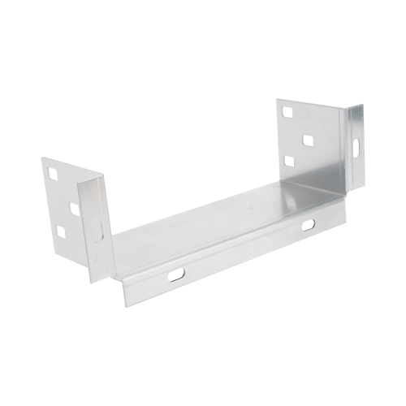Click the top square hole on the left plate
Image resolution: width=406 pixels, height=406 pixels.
click(53, 173)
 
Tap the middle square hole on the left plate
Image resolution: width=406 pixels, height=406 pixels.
click(75, 209)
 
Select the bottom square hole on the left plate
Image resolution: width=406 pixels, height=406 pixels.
click(59, 231)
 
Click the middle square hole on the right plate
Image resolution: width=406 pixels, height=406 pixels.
click(309, 140)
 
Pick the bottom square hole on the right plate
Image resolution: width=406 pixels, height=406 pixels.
click(289, 162)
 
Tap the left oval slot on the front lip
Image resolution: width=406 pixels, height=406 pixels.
click(176, 274)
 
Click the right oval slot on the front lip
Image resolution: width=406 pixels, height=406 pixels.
click(309, 224)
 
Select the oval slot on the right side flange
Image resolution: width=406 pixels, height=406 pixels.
click(355, 146)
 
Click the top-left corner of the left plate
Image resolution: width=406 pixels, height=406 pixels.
click(41, 158)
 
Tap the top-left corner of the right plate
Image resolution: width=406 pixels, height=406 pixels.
click(276, 100)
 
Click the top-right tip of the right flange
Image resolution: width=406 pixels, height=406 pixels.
click(363, 104)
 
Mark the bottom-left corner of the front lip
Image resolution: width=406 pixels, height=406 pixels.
click(126, 307)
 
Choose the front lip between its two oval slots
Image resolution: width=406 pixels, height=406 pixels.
click(244, 250)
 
